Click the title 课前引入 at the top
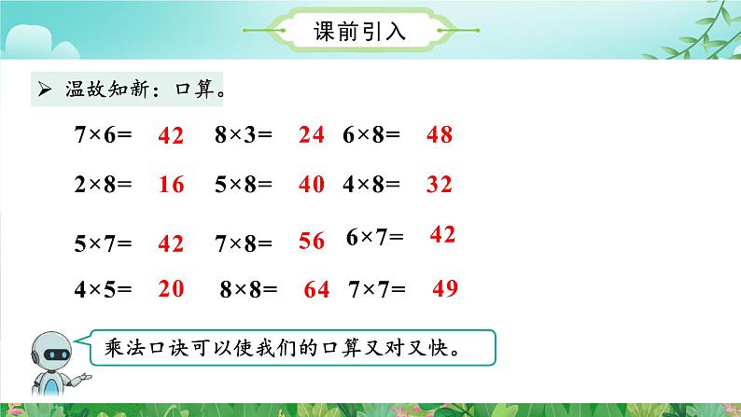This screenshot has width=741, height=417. tap(359, 32)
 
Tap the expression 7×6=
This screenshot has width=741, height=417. tap(103, 134)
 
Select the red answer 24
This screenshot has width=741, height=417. tap(312, 134)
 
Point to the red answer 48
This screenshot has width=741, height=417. tap(440, 134)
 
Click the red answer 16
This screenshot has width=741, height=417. tap(171, 184)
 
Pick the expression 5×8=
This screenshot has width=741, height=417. tap(244, 184)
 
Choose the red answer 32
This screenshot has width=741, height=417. tap(440, 184)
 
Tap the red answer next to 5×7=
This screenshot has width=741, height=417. tap(171, 243)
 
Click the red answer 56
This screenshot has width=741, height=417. tap(312, 241)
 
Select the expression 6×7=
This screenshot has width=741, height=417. tap(375, 237)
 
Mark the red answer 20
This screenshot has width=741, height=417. tap(171, 288)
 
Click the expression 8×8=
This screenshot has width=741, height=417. tap(248, 289)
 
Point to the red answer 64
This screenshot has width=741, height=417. tap(316, 289)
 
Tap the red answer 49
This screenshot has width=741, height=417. tap(445, 288)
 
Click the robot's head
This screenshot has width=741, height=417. tap(52, 352)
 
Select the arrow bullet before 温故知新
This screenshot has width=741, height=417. tap(45, 89)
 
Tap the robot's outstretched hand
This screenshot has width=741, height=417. tap(84, 377)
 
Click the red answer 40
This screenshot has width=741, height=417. tap(312, 184)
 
